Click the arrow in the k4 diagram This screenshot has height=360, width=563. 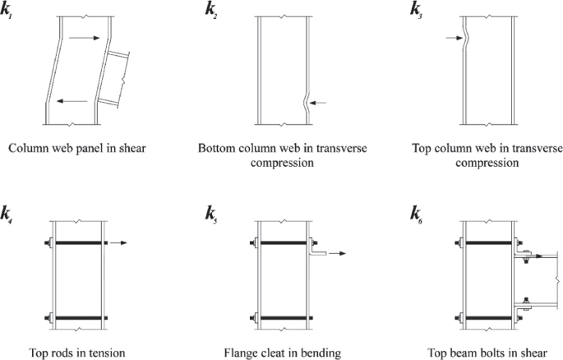coord(120,242)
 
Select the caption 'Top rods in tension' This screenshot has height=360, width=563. coord(78,353)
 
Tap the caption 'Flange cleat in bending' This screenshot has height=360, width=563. coord(282,353)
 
